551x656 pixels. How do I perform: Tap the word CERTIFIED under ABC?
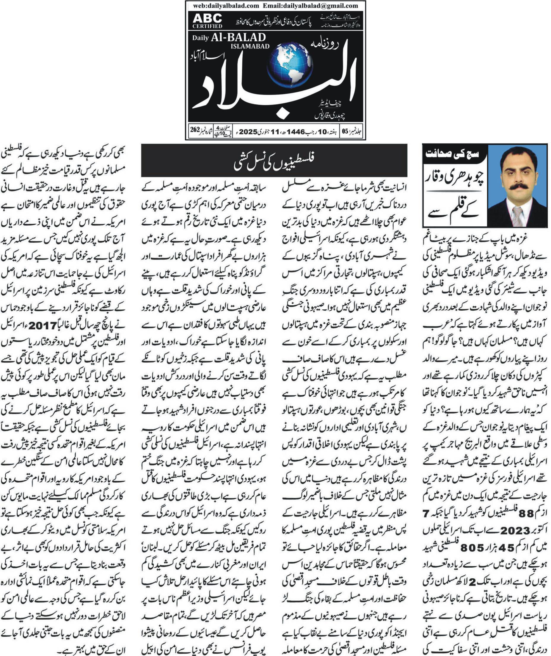pos(208,26)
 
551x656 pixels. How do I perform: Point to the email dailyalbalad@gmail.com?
pos(310,6)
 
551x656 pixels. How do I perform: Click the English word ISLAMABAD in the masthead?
pos(250,46)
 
